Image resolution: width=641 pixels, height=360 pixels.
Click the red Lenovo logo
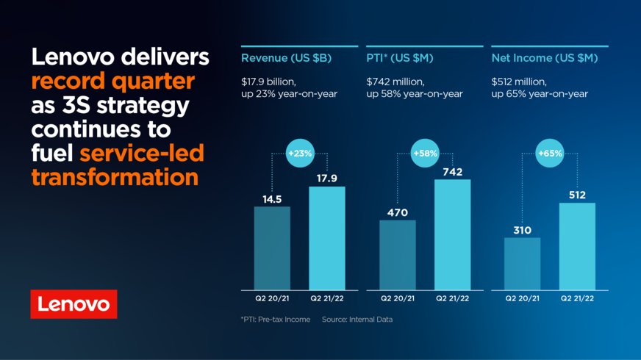[74, 303]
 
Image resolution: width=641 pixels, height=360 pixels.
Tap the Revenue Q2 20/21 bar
[272, 248]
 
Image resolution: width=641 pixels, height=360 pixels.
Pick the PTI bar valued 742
[452, 234]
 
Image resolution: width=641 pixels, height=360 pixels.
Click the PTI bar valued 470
[398, 254]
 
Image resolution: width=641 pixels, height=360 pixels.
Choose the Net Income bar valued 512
[577, 246]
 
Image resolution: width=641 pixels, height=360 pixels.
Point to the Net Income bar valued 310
[523, 263]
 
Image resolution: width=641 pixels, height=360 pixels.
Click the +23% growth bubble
[300, 154]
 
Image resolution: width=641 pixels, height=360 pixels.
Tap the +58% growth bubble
[425, 154]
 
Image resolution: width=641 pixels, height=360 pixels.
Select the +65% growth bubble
[550, 154]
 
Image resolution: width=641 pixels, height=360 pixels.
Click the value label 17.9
[326, 177]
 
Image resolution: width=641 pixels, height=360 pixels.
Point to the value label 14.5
[272, 198]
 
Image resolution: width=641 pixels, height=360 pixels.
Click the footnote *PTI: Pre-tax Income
[276, 320]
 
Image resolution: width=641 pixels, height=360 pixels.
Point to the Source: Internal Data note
[357, 320]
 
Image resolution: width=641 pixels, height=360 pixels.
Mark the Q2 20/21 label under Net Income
[523, 299]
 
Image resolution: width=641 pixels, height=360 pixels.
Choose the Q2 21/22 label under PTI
[452, 299]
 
